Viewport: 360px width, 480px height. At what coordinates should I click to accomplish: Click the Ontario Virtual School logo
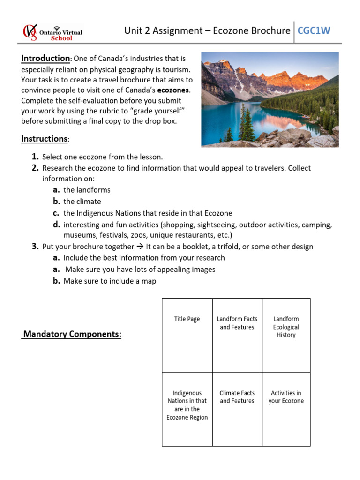52,32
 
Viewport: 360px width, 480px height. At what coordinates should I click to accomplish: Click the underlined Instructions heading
44,139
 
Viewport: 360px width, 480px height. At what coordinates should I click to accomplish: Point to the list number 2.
35,168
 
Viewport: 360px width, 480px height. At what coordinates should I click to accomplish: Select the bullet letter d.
56,225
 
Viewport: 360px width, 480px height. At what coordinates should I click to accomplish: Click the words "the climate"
82,202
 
